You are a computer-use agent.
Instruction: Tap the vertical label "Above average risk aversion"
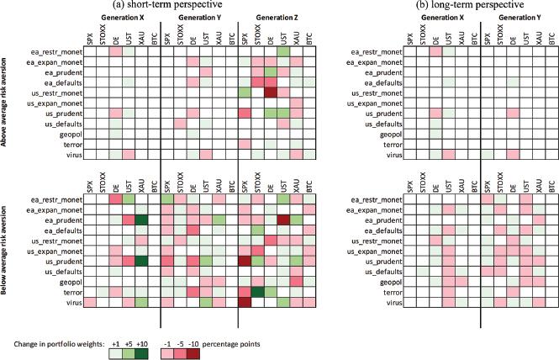point(7,99)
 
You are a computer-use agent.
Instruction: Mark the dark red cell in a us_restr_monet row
point(271,92)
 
